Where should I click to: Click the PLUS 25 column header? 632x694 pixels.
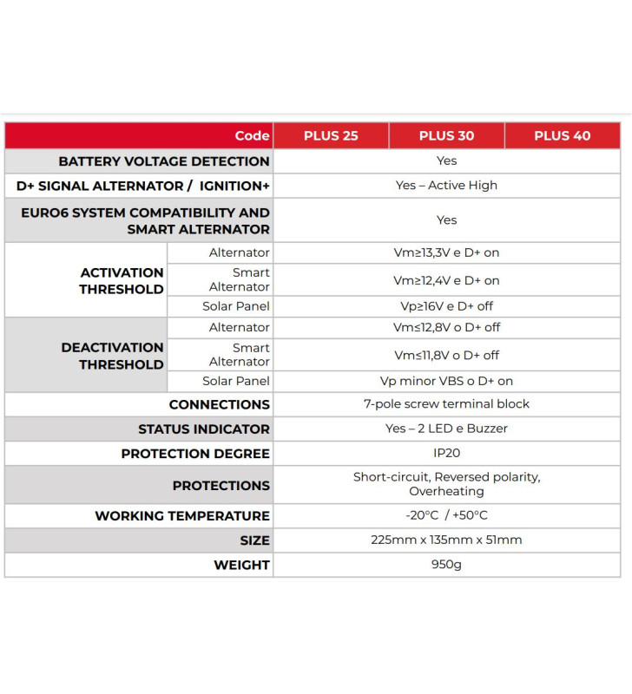tap(331, 136)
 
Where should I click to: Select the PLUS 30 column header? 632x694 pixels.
tap(446, 136)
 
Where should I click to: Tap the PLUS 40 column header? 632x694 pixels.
tap(562, 136)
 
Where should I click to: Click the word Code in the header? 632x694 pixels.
tap(252, 136)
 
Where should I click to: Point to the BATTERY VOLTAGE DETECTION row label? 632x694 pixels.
tap(164, 161)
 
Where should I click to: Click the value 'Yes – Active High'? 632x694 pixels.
tap(446, 186)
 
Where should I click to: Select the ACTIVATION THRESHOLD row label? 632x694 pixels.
tap(122, 281)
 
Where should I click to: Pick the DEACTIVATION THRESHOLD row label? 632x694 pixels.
tap(112, 356)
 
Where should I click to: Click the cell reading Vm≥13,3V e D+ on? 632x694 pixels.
tap(446, 253)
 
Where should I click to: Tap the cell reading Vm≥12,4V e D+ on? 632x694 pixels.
tap(446, 281)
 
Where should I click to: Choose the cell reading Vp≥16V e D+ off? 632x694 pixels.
tap(446, 306)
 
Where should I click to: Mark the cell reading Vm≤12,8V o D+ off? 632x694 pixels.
tap(446, 328)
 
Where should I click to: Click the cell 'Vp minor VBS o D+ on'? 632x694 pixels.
tap(446, 381)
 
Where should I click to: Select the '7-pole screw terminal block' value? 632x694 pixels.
tap(446, 404)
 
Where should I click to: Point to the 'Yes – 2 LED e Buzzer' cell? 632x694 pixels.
tap(446, 429)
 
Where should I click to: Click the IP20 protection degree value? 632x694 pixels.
tap(446, 454)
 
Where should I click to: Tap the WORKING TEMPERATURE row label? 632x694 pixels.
tap(182, 516)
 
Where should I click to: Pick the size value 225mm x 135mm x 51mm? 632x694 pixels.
tap(446, 540)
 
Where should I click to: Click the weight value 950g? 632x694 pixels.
tap(446, 565)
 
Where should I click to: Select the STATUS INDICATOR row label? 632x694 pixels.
tap(204, 429)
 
